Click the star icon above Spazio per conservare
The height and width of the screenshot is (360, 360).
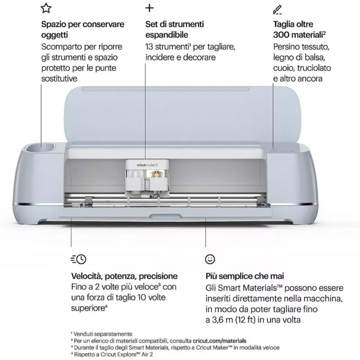tap(46, 8)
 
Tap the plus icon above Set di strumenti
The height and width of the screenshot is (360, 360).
tap(150, 8)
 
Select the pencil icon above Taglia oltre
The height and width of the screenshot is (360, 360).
tap(277, 9)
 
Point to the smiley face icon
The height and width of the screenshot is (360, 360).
tap(209, 259)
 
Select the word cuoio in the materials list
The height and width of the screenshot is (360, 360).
tap(284, 68)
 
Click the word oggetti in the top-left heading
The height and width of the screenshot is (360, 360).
tap(55, 34)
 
